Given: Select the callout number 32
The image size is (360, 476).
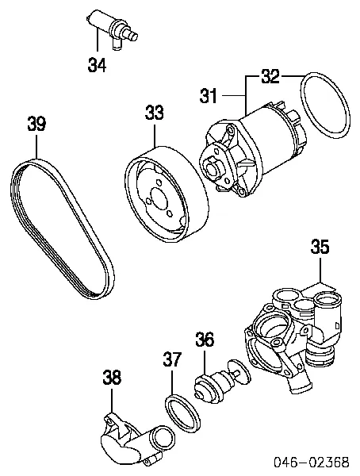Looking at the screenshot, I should pos(270,77).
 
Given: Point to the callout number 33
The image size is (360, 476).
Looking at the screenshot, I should pos(155,114).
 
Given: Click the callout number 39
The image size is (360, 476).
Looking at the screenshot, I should pos(36,124).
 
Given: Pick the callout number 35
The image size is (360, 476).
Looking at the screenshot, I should pos(319,247).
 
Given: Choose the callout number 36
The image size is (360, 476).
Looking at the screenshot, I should pos(205,340).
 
